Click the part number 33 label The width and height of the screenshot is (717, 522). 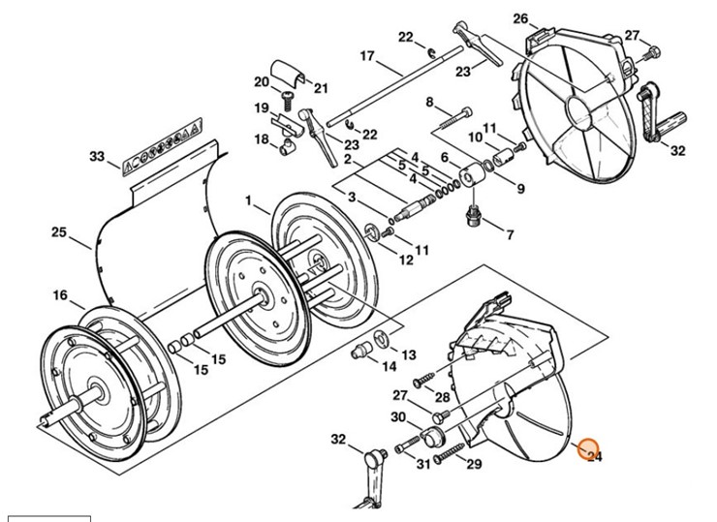coord(96,156)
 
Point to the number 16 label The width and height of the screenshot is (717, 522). coord(60,295)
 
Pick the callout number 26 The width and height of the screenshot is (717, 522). coord(519,19)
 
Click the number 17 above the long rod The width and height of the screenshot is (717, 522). coord(366,56)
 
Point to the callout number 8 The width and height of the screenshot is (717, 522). coord(428,103)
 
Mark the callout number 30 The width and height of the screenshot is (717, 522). coord(398,417)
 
